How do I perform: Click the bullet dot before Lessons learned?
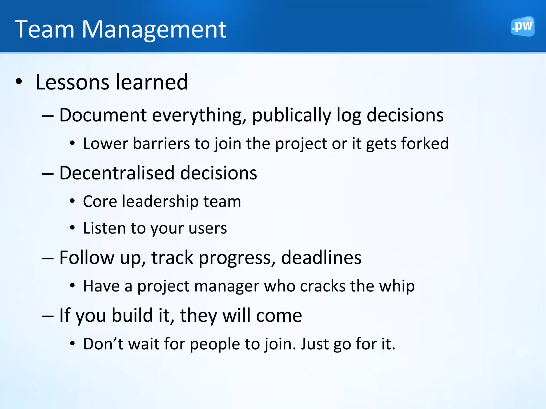coord(19,82)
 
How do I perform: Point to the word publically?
coord(291,115)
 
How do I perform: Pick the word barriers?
coord(161,144)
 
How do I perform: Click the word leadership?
coord(160,201)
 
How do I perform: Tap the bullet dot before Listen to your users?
coord(72,228)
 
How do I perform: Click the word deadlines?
coord(321,258)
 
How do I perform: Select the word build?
coord(132,315)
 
